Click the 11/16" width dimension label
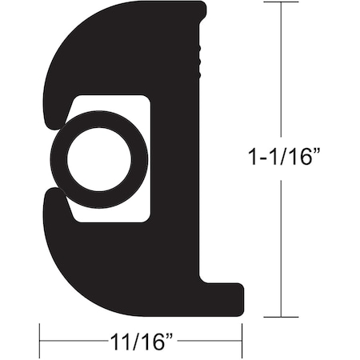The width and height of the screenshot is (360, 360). (141, 343)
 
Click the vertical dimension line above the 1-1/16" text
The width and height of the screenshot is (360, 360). (281, 72)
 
